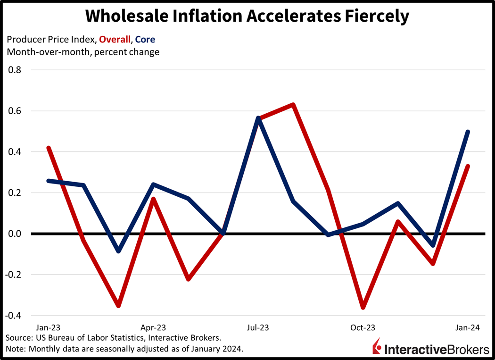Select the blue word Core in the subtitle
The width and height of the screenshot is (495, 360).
145,39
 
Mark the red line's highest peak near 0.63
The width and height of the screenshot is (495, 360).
293,104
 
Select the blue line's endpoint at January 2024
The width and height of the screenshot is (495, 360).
468,132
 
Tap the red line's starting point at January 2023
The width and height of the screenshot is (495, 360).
49,148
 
